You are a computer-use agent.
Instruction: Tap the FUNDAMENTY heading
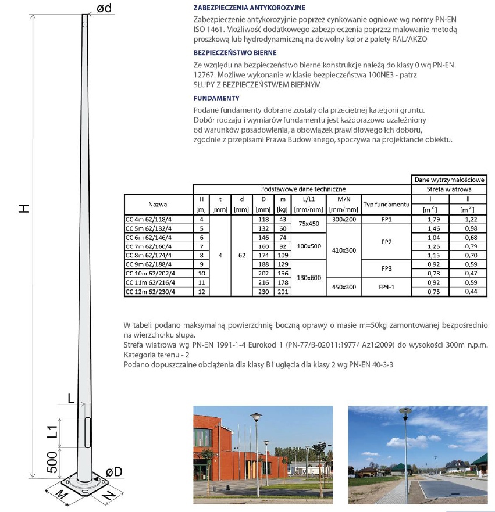(x=216, y=98)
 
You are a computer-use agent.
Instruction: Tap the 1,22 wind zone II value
(x=468, y=220)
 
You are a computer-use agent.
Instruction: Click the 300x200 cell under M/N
(x=343, y=220)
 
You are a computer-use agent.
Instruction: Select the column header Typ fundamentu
(x=386, y=205)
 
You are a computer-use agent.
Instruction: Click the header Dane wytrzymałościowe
(x=448, y=181)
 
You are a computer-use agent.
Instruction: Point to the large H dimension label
(x=23, y=208)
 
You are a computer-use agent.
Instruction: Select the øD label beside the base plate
(x=114, y=471)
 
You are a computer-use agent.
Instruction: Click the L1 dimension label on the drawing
(x=51, y=432)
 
